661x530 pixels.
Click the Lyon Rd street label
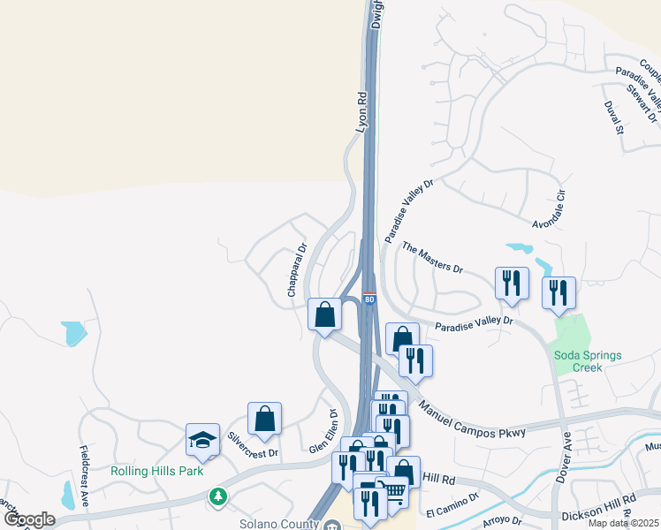coord(361,112)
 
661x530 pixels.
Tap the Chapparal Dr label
coord(296,270)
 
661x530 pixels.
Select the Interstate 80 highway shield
coord(368,299)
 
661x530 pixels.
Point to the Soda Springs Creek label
coord(588,362)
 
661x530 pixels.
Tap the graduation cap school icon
coord(202,440)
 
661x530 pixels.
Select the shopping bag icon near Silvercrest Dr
coord(264,419)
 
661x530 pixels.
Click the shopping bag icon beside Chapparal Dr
coord(324,314)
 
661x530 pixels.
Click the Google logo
coord(28,519)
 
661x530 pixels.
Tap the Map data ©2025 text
coord(622,523)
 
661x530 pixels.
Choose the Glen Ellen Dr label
coord(324,431)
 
